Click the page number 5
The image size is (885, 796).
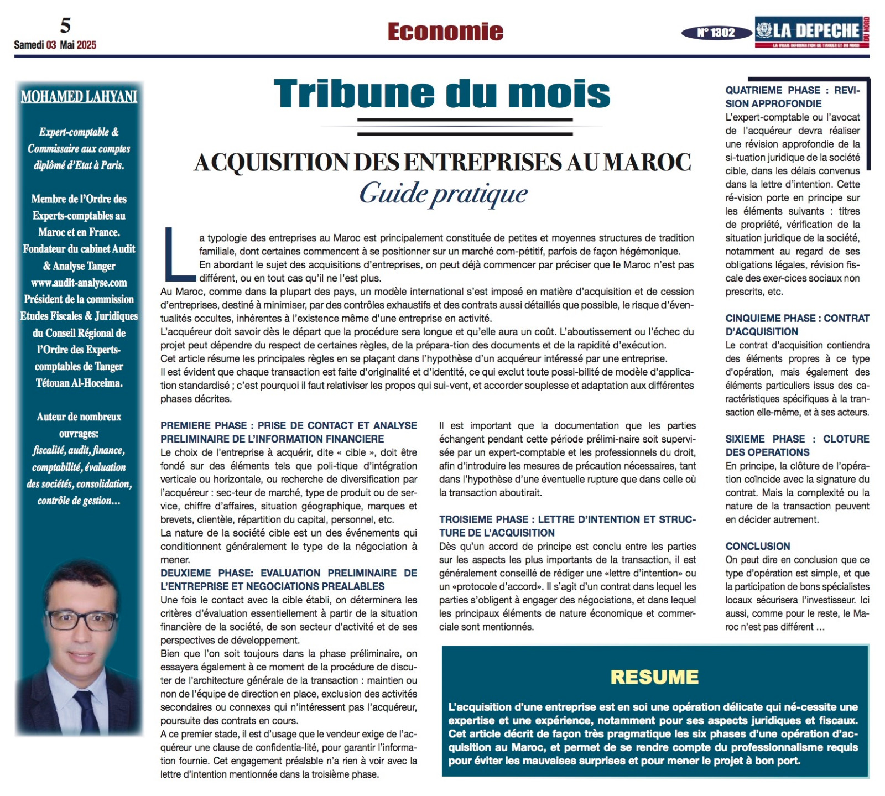(x=66, y=25)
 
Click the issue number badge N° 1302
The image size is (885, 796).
(x=716, y=33)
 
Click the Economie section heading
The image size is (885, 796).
(x=445, y=32)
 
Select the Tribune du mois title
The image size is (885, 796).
(x=442, y=93)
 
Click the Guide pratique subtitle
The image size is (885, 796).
(x=444, y=194)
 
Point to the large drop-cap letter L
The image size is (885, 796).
(x=178, y=253)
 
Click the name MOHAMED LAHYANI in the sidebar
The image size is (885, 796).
(x=79, y=97)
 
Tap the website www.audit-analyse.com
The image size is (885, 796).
(x=79, y=283)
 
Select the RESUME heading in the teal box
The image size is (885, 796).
(x=654, y=677)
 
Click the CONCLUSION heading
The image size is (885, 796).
(x=758, y=546)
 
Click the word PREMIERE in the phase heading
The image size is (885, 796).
(x=184, y=425)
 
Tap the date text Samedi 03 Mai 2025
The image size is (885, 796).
(x=55, y=45)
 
